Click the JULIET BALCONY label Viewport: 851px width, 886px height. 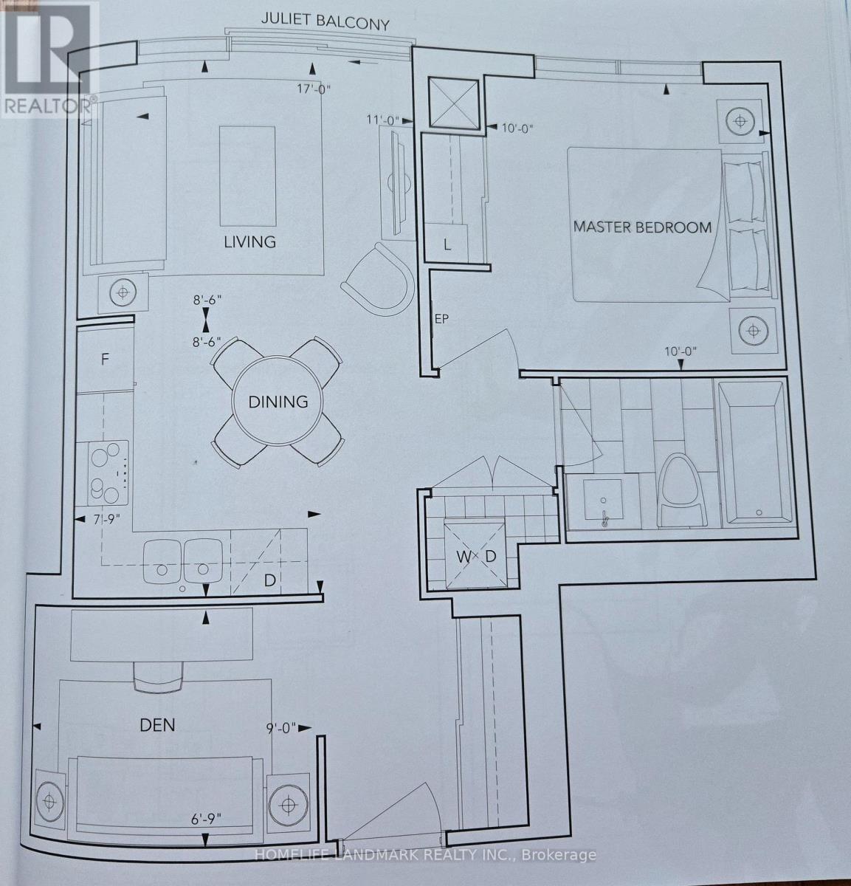(325, 22)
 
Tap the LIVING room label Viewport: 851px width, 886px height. (250, 241)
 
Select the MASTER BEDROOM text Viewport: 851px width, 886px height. (642, 227)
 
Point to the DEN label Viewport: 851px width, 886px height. (157, 725)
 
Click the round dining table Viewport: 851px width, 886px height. (278, 401)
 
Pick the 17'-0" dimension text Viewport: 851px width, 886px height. (314, 89)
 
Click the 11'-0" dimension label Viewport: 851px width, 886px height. (384, 120)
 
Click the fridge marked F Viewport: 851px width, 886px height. (105, 360)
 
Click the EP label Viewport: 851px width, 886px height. (442, 319)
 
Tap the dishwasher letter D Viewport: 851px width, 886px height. (270, 580)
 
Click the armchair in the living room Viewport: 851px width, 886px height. (379, 279)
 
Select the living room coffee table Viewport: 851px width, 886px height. (247, 176)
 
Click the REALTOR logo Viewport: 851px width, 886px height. (49, 59)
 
